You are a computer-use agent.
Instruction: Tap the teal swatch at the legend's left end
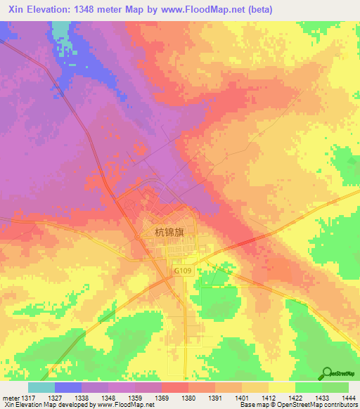point(41,387)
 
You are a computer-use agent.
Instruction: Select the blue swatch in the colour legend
point(68,387)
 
